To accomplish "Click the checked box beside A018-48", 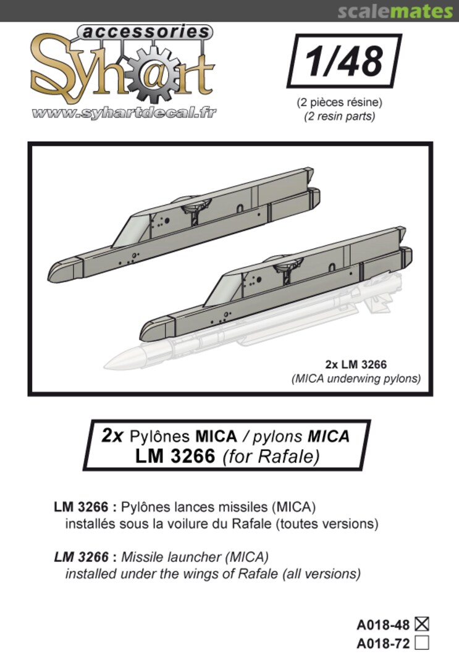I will (423, 624).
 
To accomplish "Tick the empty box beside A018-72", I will (423, 644).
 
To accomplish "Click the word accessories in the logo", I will (145, 31).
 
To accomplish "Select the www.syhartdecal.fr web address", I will (124, 113).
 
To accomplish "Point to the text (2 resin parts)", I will (339, 115).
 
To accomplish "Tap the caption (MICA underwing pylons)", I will (356, 379).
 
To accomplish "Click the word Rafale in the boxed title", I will (295, 458).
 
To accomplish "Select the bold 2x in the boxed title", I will (114, 435).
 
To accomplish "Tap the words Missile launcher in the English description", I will (161, 556).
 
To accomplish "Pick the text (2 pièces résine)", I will (339, 103).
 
